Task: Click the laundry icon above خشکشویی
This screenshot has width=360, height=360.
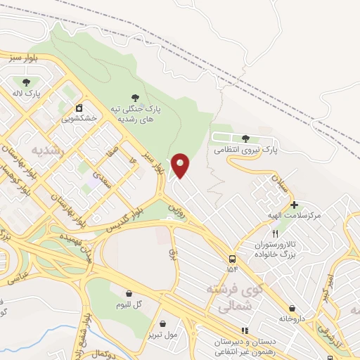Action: pyautogui.click(x=79, y=108)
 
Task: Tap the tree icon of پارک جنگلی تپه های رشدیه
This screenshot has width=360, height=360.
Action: pyautogui.click(x=135, y=98)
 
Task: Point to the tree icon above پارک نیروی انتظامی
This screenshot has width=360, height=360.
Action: pyautogui.click(x=245, y=139)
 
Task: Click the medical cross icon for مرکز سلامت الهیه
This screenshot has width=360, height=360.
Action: pyautogui.click(x=294, y=204)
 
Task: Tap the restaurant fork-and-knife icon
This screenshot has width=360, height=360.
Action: pyautogui.click(x=276, y=233)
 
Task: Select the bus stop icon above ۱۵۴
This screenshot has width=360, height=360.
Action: pyautogui.click(x=232, y=258)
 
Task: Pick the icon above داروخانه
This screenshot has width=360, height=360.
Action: pyautogui.click(x=292, y=308)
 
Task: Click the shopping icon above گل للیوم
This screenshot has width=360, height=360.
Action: pyautogui.click(x=129, y=293)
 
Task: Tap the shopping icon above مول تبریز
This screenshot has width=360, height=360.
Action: pyautogui.click(x=164, y=323)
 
